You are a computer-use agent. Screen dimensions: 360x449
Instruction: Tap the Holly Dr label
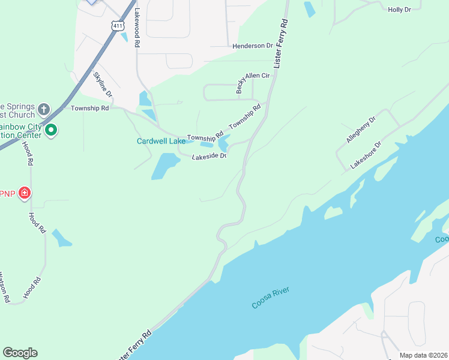(x=400, y=10)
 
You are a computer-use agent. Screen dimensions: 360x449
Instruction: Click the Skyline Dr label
(x=103, y=84)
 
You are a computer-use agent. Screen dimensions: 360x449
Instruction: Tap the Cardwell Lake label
(x=161, y=142)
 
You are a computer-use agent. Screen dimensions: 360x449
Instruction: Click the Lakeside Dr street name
(x=209, y=157)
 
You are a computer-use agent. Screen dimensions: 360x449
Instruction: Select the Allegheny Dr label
(x=361, y=130)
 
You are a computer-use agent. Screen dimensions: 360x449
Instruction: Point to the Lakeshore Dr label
(x=366, y=155)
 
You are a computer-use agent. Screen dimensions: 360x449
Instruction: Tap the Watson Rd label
(x=4, y=287)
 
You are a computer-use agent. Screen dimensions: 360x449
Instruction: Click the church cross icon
(x=43, y=109)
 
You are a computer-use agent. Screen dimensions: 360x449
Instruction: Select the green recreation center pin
(x=51, y=130)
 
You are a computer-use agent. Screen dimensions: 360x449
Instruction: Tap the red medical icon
(x=25, y=193)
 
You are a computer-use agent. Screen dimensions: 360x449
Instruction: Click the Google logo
(x=20, y=353)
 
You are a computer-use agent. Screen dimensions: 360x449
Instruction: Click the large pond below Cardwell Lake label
(x=164, y=166)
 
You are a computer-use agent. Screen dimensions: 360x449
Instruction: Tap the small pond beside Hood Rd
(x=61, y=238)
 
